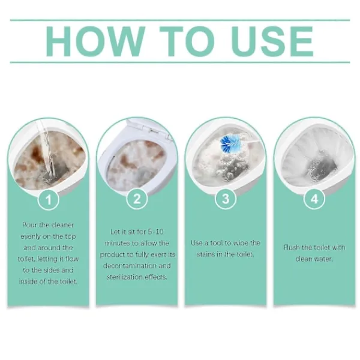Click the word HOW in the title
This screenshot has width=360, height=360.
pos(95,41)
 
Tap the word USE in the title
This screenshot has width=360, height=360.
pos(272,41)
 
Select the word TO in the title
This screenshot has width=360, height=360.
pos(187,41)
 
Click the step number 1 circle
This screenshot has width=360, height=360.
pos(49,200)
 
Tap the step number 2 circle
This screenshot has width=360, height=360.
pos(137,199)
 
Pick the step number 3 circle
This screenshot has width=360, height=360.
pos(226,199)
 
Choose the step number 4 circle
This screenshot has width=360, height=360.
pos(314,199)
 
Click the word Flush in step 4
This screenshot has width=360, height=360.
pos(292,247)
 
